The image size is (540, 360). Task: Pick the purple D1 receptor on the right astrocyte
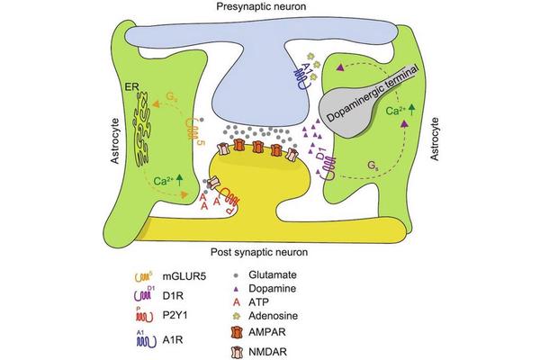(328, 165)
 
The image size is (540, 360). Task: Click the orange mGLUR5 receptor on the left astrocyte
(192, 125)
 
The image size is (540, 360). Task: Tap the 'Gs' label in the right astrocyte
(373, 166)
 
